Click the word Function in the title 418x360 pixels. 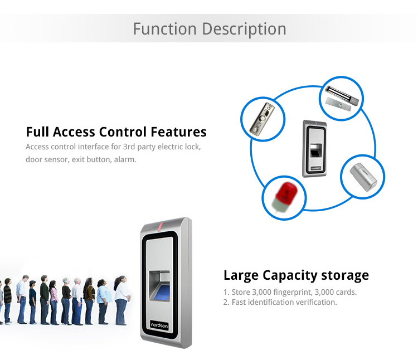(x=165, y=29)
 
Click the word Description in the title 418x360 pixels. (x=244, y=30)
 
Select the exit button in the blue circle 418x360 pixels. (x=263, y=119)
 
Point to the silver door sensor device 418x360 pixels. (x=363, y=177)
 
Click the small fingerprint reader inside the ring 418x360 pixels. (x=315, y=148)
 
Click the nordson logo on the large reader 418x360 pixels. (x=159, y=325)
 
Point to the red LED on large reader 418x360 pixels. (x=161, y=226)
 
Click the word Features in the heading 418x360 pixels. (x=178, y=132)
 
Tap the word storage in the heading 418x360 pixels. (x=345, y=275)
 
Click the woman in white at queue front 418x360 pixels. (x=121, y=300)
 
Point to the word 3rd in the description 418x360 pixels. (x=129, y=147)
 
